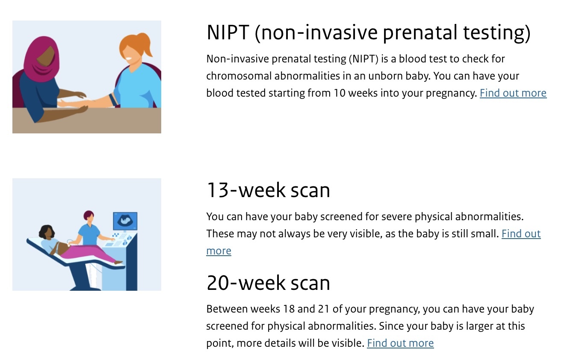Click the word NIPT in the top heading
[x=228, y=32]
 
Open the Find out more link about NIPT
[x=513, y=93]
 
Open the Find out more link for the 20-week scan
[x=400, y=343]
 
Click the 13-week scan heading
[x=268, y=190]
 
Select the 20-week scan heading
[x=268, y=283]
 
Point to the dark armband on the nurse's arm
[x=113, y=99]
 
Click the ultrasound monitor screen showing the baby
[x=125, y=221]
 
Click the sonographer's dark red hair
[x=88, y=215]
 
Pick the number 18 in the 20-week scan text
[x=289, y=309]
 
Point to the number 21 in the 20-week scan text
[x=323, y=309]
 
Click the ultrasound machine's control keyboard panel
[x=120, y=239]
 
